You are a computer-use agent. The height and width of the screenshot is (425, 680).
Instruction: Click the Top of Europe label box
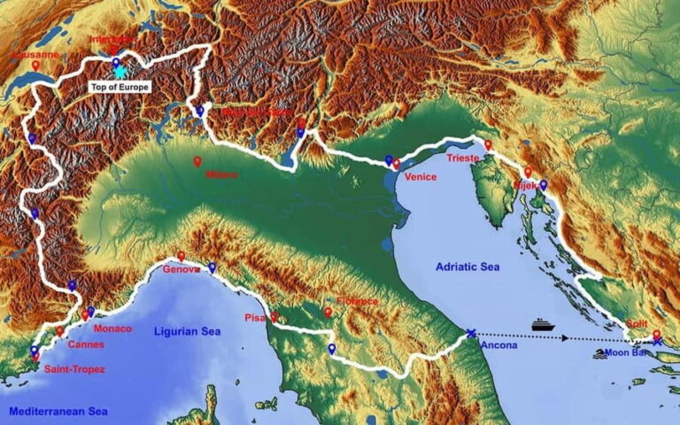coord(120,88)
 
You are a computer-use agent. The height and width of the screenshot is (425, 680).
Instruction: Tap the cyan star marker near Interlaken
coord(120,73)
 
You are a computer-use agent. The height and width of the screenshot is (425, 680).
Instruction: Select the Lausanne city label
coord(35,54)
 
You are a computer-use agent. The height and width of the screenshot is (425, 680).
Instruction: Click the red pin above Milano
coord(197,162)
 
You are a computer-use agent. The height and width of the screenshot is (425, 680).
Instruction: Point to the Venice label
coord(420,177)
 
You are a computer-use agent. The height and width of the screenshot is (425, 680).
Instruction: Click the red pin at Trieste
coord(487,144)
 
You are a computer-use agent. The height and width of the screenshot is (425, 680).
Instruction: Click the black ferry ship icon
coord(543,325)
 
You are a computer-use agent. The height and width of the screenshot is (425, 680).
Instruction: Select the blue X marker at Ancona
coord(470,334)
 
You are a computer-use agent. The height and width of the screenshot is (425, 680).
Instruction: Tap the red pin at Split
coord(656,335)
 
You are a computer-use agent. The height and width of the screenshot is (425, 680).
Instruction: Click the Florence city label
coord(355,301)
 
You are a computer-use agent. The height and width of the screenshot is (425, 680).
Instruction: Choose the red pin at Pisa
coord(274,316)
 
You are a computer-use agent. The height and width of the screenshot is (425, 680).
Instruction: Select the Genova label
coord(181,268)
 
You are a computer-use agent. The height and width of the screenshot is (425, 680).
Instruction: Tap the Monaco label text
coord(112,328)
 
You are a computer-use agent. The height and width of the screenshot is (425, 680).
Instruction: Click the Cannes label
coord(85,344)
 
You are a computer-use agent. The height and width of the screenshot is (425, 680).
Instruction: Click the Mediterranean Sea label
coord(58,412)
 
